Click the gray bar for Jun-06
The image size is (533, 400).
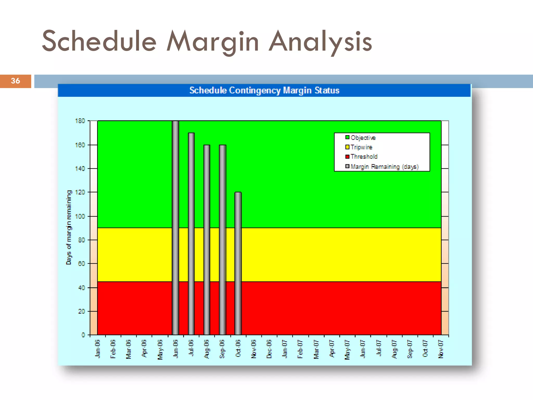point(175,228)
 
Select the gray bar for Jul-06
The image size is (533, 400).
point(191,234)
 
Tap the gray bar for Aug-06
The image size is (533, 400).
point(207,240)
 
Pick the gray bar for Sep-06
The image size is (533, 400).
point(223,240)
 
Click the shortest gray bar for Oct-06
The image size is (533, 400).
point(238,263)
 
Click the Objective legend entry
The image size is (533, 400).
point(363,137)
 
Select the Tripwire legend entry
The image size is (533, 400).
point(361,147)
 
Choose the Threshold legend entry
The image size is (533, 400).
point(364,157)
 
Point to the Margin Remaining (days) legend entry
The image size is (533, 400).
point(384,167)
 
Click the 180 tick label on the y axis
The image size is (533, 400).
point(80,121)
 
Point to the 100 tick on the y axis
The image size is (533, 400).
point(80,216)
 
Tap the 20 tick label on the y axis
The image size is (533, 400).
point(81,311)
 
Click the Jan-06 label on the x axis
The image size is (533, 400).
point(98,349)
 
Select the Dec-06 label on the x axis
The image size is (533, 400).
point(269,349)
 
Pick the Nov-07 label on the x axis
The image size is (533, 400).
point(441,349)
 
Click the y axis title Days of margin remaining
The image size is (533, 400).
point(69,227)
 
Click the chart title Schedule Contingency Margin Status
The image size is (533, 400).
point(264,90)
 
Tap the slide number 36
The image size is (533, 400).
point(15,81)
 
